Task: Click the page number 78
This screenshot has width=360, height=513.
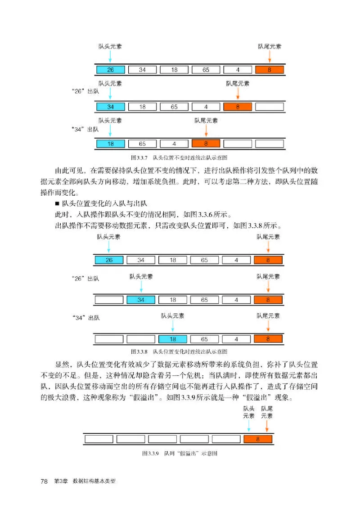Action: pyautogui.click(x=44, y=481)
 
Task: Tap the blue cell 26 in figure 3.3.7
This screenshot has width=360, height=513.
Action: pyautogui.click(x=110, y=70)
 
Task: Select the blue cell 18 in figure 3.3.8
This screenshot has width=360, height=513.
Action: pyautogui.click(x=173, y=339)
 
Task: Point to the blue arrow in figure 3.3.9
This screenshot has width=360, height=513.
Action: pyautogui.click(x=249, y=426)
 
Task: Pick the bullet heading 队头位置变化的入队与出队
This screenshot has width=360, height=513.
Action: pyautogui.click(x=106, y=204)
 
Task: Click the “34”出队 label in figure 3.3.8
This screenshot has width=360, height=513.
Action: pyautogui.click(x=85, y=318)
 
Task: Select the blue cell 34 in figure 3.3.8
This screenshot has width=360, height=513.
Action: pyautogui.click(x=141, y=300)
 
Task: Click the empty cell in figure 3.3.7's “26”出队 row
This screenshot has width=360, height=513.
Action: pyautogui.click(x=270, y=107)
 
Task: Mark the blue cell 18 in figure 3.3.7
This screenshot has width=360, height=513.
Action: pyautogui.click(x=110, y=144)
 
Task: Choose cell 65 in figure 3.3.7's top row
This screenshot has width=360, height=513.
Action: pyautogui.click(x=206, y=70)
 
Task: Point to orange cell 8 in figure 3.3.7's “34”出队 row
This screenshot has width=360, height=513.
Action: pyautogui.click(x=206, y=144)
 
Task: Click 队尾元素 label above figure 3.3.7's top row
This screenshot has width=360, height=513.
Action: pyautogui.click(x=270, y=46)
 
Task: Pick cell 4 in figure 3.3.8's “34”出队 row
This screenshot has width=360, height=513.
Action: pyautogui.click(x=236, y=339)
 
